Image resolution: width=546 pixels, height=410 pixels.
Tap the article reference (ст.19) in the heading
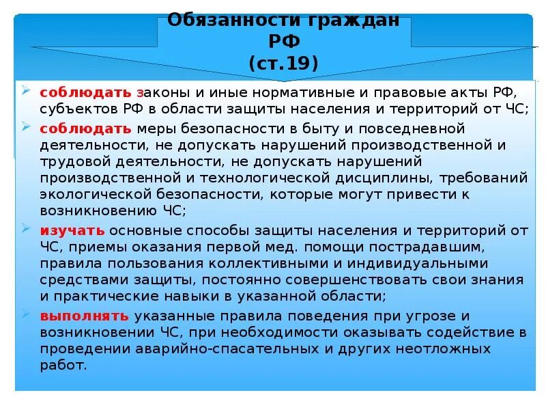[283, 64]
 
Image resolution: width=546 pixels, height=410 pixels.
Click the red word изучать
[72, 230]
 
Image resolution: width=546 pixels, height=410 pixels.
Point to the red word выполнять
[84, 316]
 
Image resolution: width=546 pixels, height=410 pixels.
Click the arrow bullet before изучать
[26, 228]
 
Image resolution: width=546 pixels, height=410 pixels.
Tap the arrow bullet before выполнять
[26, 314]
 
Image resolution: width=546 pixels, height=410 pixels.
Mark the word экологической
[96, 194]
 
